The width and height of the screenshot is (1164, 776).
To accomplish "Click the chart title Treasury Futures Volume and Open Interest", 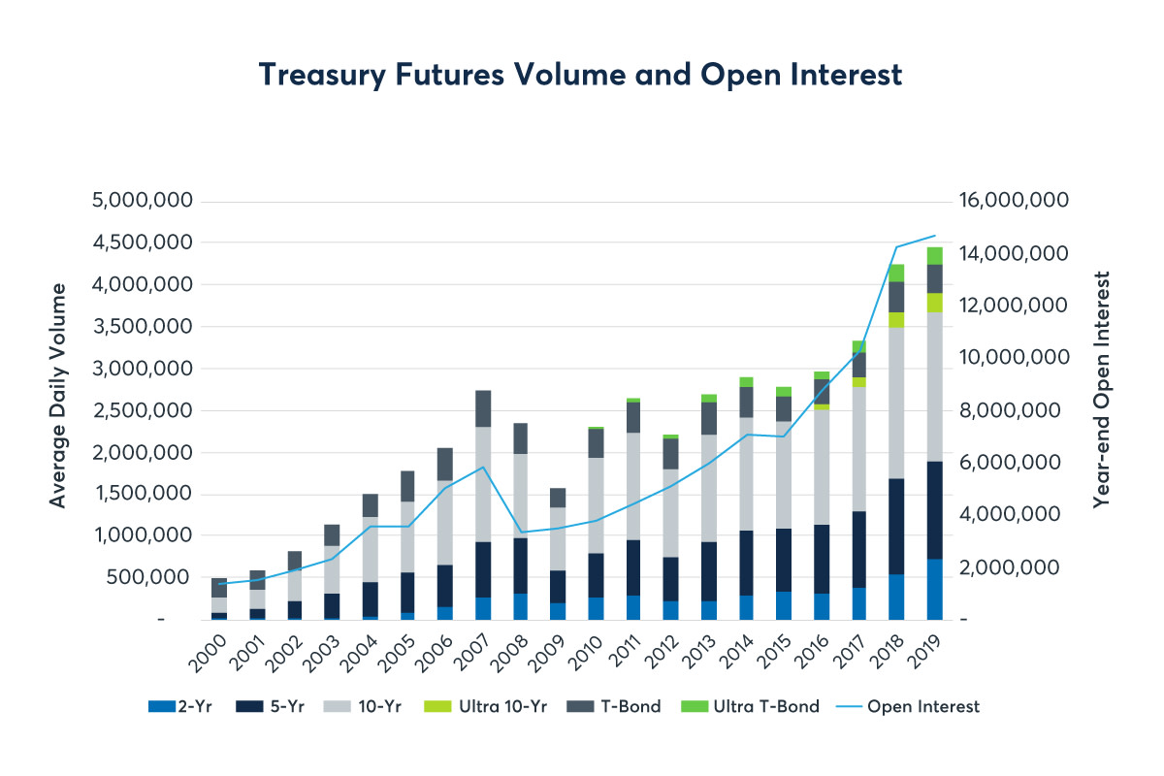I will [580, 75].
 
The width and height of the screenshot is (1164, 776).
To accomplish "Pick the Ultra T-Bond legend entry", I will [753, 706].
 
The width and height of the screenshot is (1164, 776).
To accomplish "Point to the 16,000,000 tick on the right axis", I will [1013, 202].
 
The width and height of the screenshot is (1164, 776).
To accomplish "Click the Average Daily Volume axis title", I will [58, 395].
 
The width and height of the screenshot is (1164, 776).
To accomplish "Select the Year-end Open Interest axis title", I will [1101, 389].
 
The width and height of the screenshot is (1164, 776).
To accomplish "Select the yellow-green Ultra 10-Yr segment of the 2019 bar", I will [934, 302].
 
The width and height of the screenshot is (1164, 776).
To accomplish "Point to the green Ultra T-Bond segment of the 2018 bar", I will [896, 273].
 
